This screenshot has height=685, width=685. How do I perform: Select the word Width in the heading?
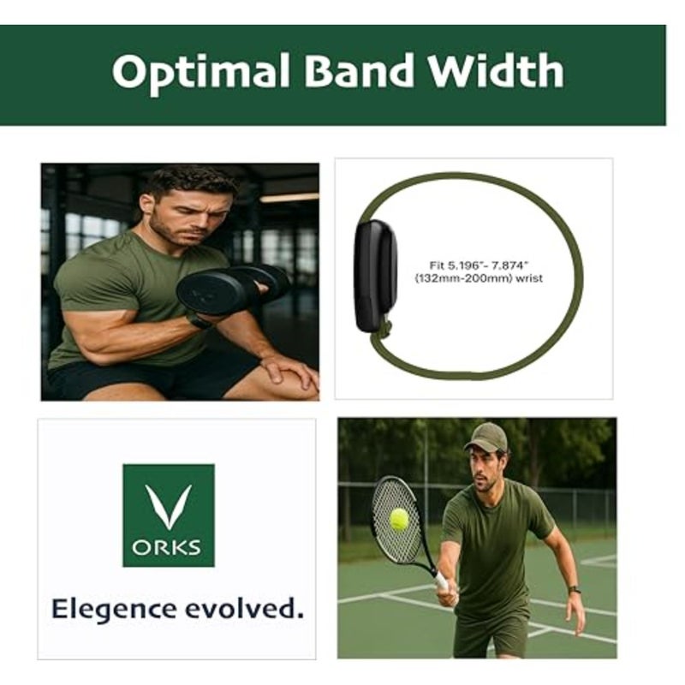pyautogui.click(x=497, y=69)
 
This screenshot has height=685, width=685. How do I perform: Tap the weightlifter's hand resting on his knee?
pyautogui.click(x=289, y=372)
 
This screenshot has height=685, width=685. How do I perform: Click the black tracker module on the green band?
pyautogui.click(x=376, y=275)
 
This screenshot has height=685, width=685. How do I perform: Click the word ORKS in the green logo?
pyautogui.click(x=166, y=547)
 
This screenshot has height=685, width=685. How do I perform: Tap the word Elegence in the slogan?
pyautogui.click(x=114, y=609)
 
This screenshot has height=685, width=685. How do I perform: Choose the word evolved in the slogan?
pyautogui.click(x=244, y=608)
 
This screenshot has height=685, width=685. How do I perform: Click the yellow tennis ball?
pyautogui.click(x=399, y=520)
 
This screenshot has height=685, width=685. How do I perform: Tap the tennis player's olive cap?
pyautogui.click(x=486, y=437)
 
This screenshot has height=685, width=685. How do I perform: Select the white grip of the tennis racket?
pyautogui.click(x=441, y=580)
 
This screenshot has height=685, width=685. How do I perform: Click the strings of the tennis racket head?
pyautogui.click(x=396, y=520)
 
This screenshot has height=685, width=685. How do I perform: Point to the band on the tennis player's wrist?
pyautogui.click(x=575, y=590)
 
